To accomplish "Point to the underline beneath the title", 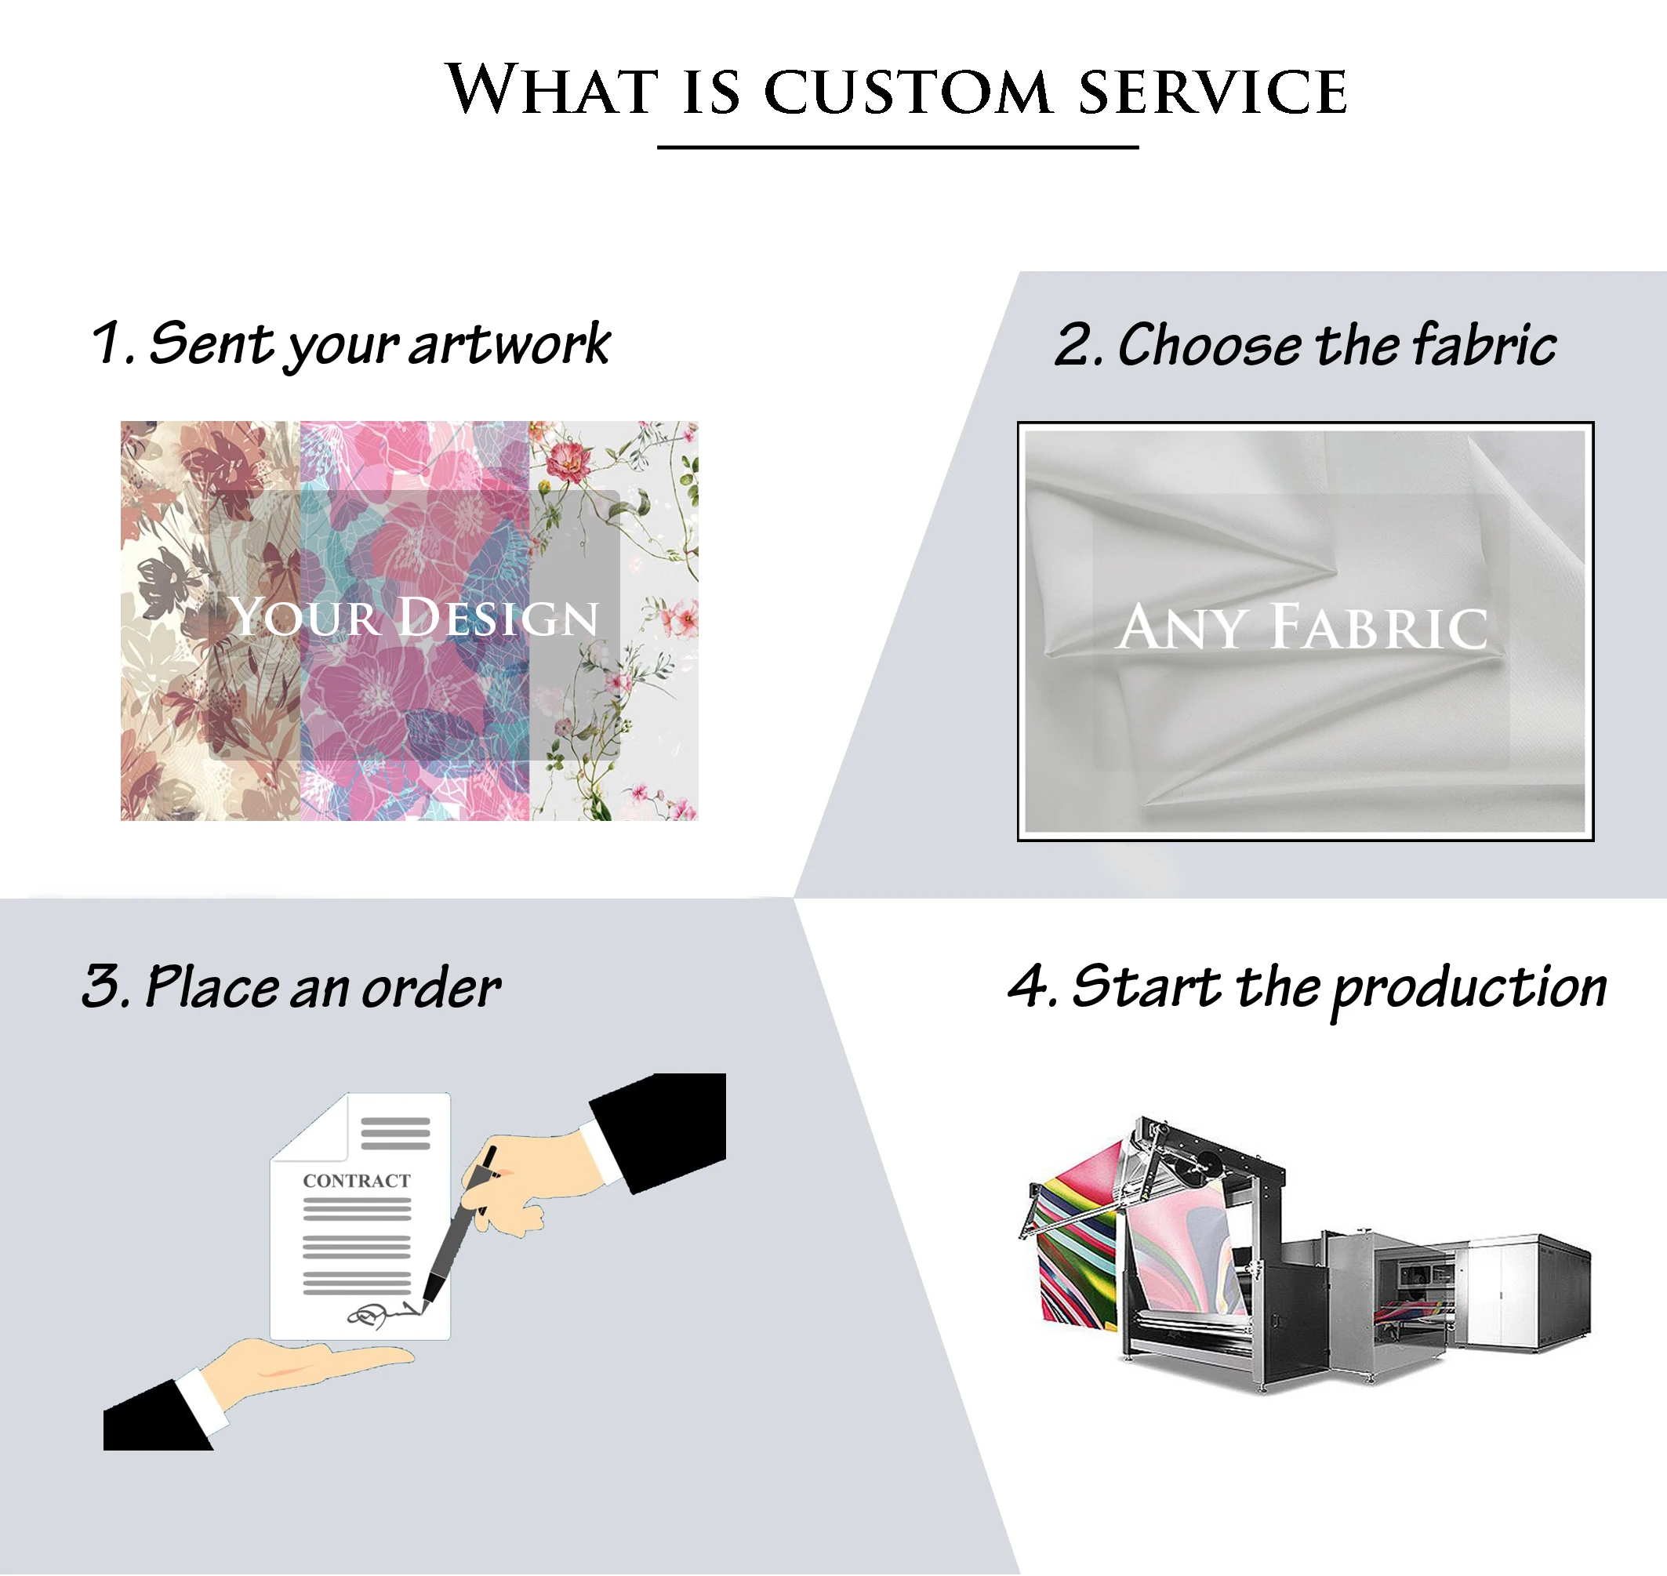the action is pos(897,148).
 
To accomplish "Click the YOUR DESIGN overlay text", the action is pos(414,618).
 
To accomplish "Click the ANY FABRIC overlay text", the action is pos(1303,626).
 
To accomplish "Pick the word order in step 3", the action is pos(431,988).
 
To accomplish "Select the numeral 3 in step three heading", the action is pos(101,986).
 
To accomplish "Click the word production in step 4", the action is pos(1469,988).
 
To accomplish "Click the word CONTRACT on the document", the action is pos(357,1181).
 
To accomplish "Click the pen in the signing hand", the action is pos(458,1226).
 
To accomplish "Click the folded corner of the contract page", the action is pos(324,1126).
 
